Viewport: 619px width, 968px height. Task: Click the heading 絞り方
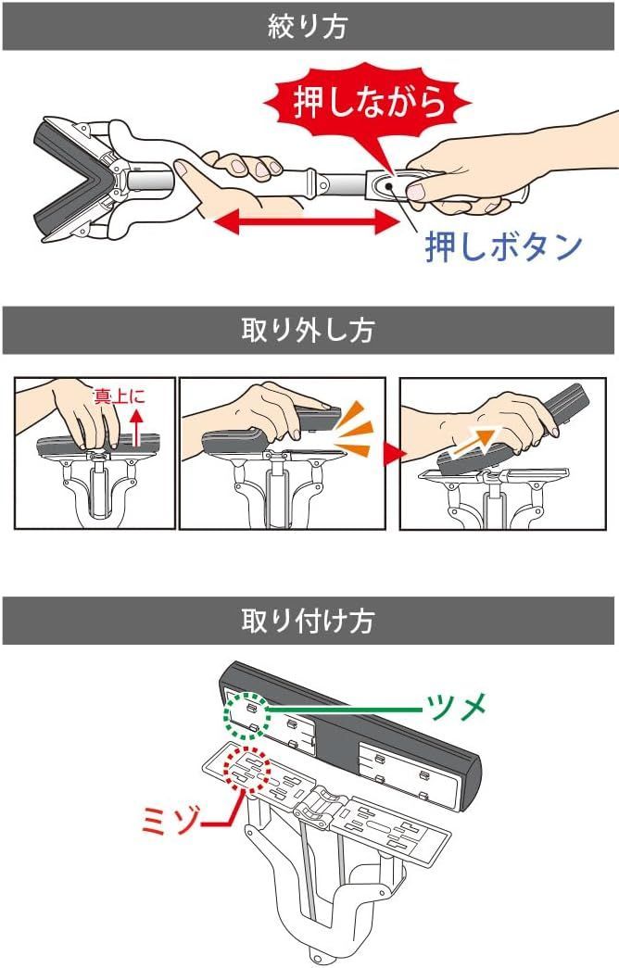(309, 26)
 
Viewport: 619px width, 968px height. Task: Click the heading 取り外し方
(309, 330)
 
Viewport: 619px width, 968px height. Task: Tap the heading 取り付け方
(309, 620)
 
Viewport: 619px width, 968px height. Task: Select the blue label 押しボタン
(503, 246)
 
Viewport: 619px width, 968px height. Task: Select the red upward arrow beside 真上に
(136, 427)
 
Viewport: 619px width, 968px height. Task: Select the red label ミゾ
(175, 819)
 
